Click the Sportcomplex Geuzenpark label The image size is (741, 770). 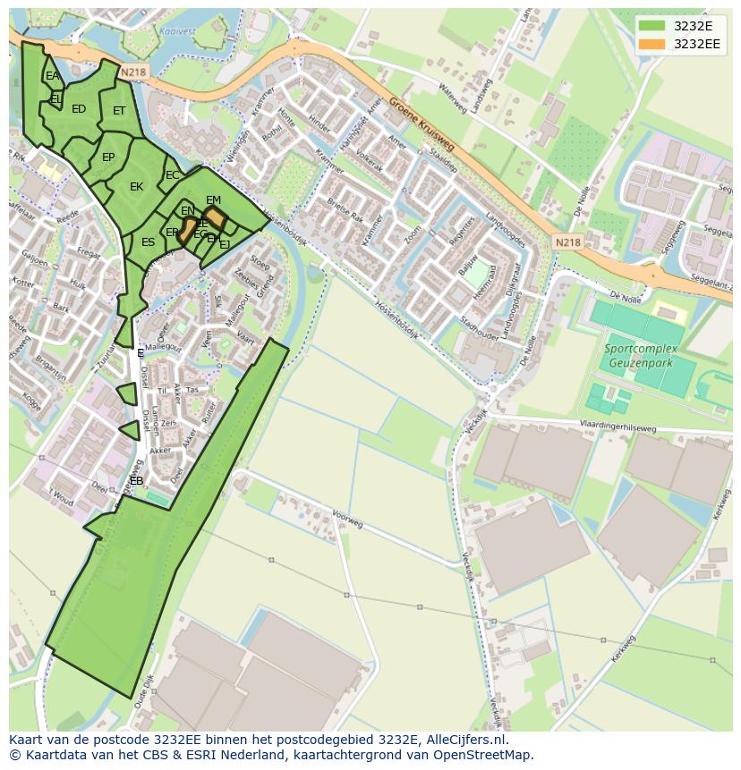[x=640, y=355]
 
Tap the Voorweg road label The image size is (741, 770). [x=346, y=519]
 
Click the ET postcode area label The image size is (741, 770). [x=119, y=111]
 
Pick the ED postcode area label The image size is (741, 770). [x=79, y=109]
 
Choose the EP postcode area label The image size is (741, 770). [x=108, y=157]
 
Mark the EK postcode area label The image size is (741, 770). [x=136, y=187]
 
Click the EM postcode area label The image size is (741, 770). [x=213, y=200]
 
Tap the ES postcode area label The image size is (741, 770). [x=148, y=242]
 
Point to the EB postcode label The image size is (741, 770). [x=136, y=481]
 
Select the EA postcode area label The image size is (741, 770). [x=52, y=76]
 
